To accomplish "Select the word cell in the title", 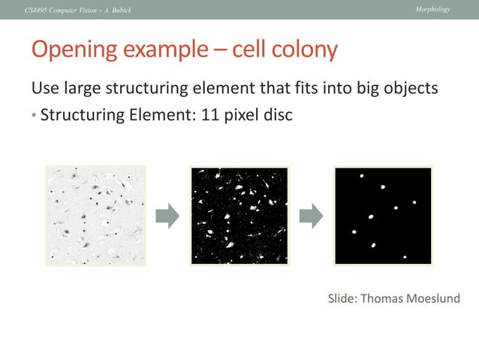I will [247, 50].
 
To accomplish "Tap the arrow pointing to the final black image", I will [311, 216].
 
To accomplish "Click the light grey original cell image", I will [96, 216].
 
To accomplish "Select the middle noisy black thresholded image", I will [239, 216].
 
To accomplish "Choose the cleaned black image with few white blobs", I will [383, 216].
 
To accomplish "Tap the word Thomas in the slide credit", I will [378, 299].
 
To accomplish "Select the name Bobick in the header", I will [119, 9].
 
